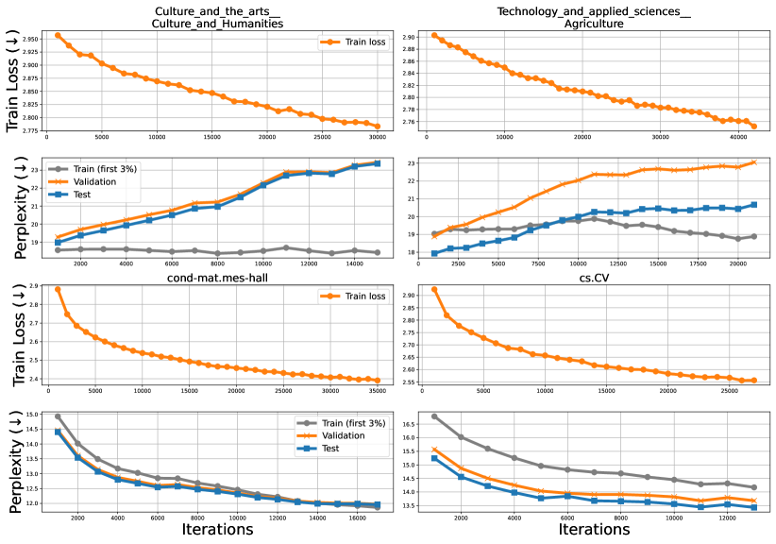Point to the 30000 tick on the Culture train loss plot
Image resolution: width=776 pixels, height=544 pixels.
[378, 138]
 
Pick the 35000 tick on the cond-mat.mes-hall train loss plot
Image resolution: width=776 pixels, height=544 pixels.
[378, 390]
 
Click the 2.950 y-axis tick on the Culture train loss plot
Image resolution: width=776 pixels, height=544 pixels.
[30, 40]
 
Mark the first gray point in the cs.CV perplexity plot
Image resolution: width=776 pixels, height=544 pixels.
[434, 416]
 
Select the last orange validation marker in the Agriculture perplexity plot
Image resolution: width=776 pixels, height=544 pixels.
[753, 162]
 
